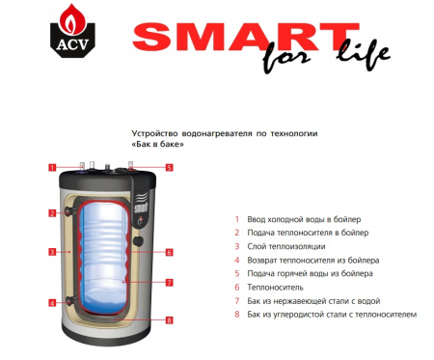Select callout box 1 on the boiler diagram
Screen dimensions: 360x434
(51, 167)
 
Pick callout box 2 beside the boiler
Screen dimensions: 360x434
(51, 212)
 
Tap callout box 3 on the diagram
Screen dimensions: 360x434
(51, 253)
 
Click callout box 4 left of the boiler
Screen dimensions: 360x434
(51, 303)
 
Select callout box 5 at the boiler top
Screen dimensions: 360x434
(168, 167)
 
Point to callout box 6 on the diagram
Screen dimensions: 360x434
(168, 253)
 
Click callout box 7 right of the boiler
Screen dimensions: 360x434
(168, 283)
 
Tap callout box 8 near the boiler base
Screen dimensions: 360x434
(168, 319)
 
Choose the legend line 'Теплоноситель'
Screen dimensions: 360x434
(276, 287)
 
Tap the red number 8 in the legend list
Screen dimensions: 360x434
(236, 314)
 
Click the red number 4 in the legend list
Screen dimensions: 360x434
(236, 260)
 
